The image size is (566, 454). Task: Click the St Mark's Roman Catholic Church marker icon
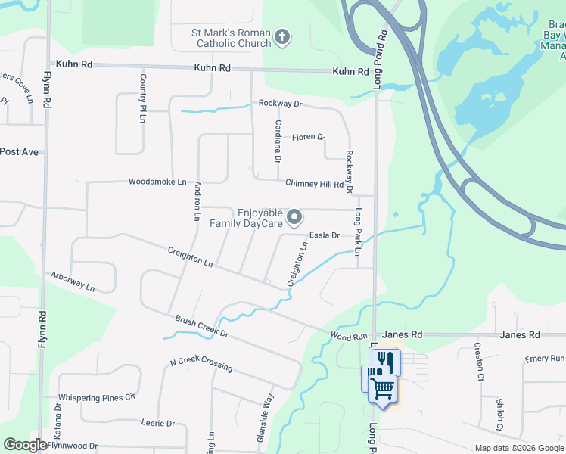pyautogui.click(x=282, y=37)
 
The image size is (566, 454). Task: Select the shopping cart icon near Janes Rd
pyautogui.click(x=384, y=388)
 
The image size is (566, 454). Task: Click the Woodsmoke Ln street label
pyautogui.click(x=157, y=182)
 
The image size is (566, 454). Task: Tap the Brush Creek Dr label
pyautogui.click(x=202, y=327)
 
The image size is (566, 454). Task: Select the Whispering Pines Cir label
pyautogui.click(x=96, y=397)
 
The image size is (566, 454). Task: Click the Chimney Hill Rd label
pyautogui.click(x=315, y=184)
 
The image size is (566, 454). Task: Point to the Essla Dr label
pyautogui.click(x=325, y=235)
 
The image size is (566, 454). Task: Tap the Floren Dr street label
pyautogui.click(x=308, y=137)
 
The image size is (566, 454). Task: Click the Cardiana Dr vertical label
pyautogui.click(x=278, y=141)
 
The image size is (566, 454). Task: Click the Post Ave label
pyautogui.click(x=19, y=152)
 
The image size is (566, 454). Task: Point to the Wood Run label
pyautogui.click(x=349, y=335)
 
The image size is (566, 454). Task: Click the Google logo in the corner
pyautogui.click(x=25, y=445)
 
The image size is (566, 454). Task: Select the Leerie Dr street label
pyautogui.click(x=157, y=424)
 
